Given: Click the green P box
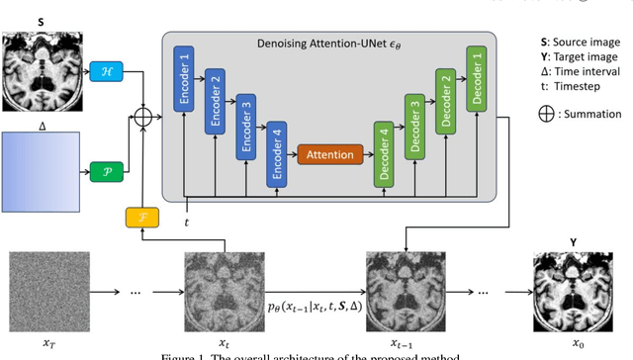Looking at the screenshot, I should coord(105,170).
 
